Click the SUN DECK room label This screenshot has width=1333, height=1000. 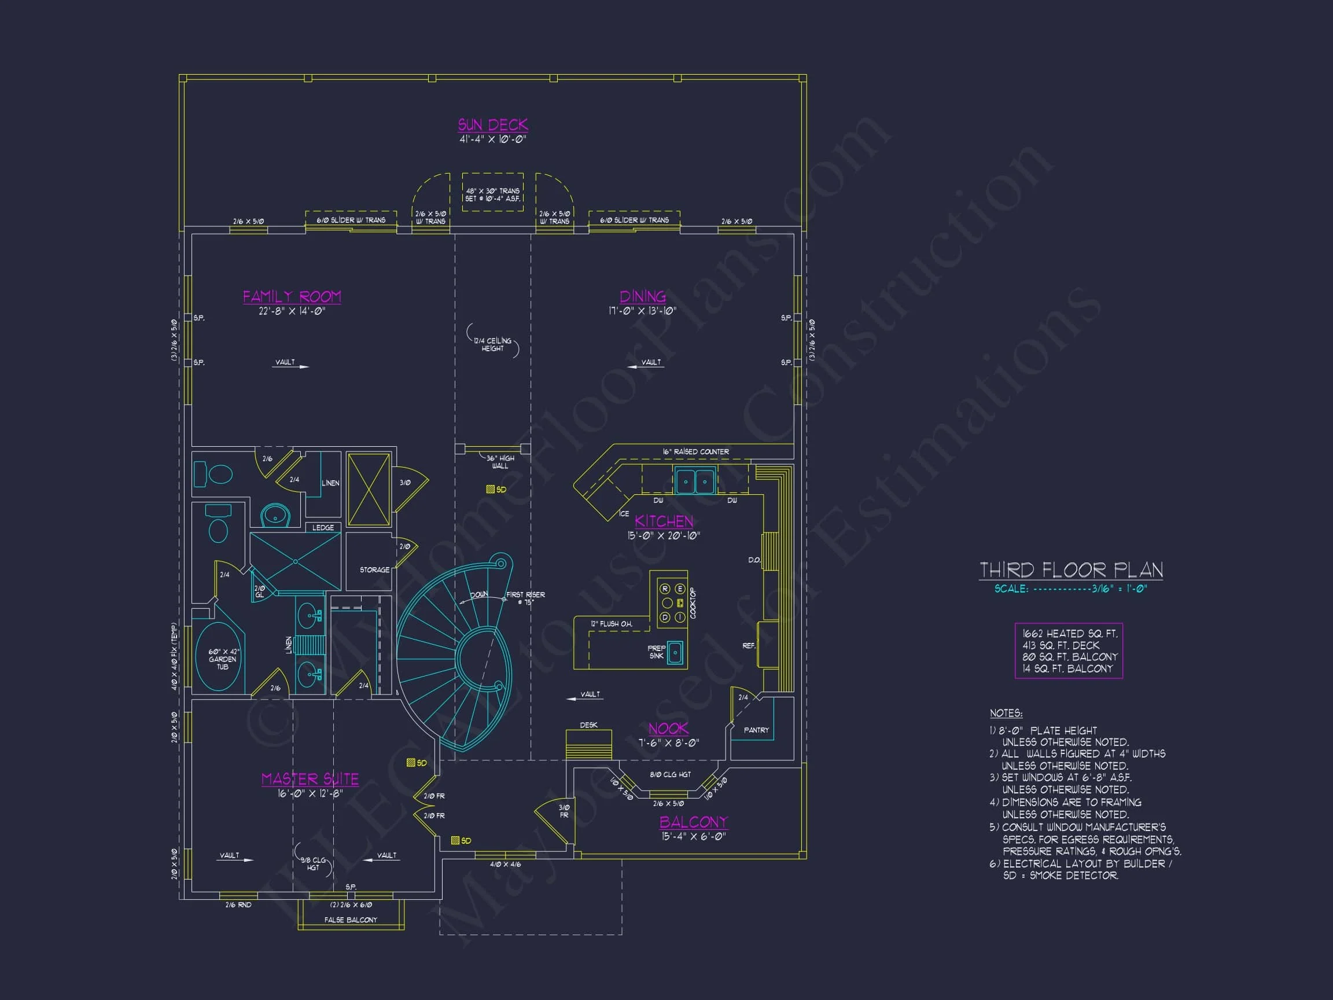click(x=492, y=125)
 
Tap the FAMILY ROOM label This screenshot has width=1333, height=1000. click(x=292, y=296)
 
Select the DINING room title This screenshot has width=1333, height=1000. click(x=642, y=296)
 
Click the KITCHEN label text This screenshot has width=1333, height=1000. click(x=664, y=521)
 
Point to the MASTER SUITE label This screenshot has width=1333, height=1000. click(x=310, y=780)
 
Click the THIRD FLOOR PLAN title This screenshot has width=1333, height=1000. click(x=1071, y=569)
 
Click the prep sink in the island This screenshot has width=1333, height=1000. click(x=675, y=652)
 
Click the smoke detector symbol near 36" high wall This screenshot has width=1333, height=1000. click(x=491, y=490)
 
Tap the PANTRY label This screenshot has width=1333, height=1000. click(x=756, y=730)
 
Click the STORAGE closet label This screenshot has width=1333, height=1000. click(x=374, y=569)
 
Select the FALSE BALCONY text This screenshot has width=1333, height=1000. click(x=351, y=920)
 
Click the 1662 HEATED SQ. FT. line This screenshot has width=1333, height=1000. click(x=1069, y=634)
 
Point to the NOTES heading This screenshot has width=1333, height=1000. click(x=1006, y=713)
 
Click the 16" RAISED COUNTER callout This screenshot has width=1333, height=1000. click(x=695, y=451)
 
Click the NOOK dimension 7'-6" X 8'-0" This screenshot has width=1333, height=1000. click(x=668, y=743)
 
